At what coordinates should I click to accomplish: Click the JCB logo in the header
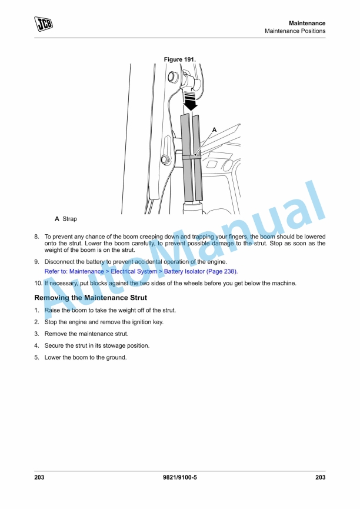(x=43, y=24)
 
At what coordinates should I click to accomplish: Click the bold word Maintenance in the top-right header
(x=307, y=23)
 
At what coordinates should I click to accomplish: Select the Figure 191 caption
(x=179, y=59)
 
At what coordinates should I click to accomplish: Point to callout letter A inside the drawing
(x=214, y=129)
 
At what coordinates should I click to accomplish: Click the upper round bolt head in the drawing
(x=172, y=76)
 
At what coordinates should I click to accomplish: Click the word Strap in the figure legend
(x=69, y=219)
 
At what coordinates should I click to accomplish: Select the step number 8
(x=36, y=237)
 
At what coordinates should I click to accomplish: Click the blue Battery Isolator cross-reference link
(x=141, y=271)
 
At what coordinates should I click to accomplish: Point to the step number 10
(x=38, y=283)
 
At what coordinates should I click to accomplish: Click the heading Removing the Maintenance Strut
(x=91, y=298)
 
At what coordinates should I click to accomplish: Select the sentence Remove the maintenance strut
(x=78, y=334)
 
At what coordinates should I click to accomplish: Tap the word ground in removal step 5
(x=115, y=357)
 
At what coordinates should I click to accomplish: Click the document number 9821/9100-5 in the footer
(x=179, y=477)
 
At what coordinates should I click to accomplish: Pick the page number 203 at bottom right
(x=320, y=477)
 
